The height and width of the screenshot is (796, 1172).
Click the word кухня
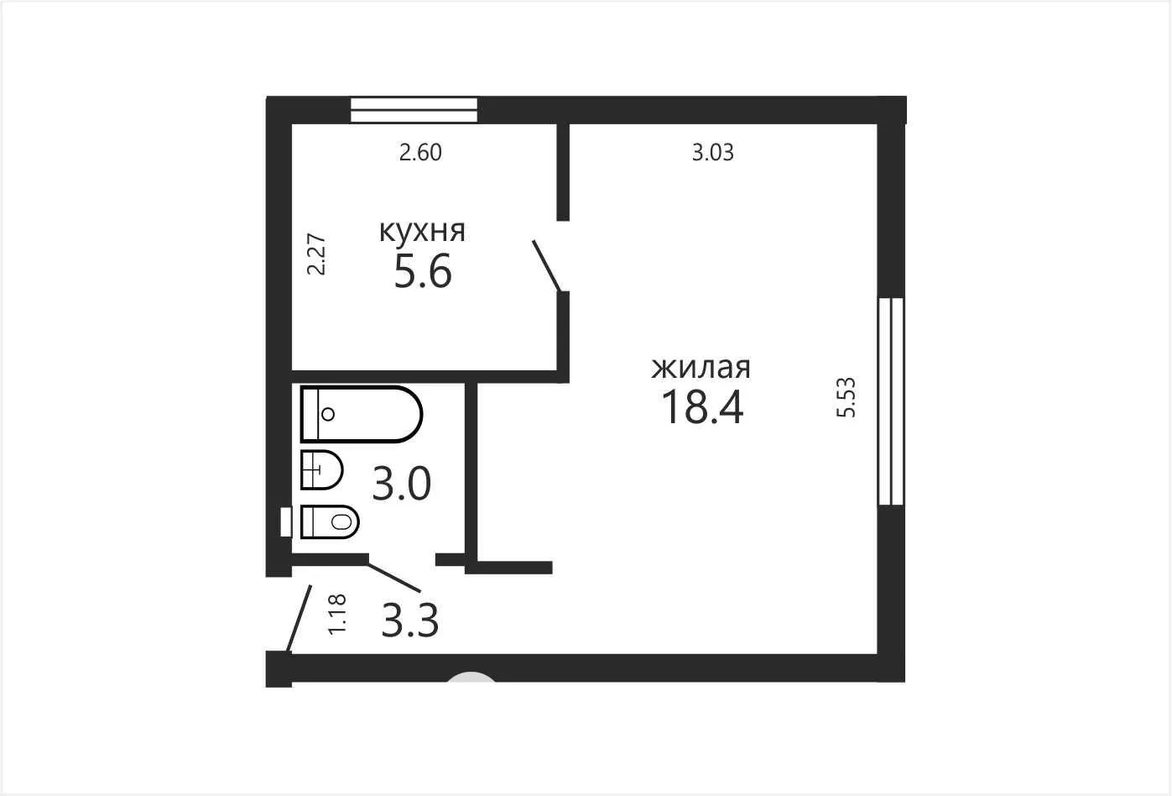click(x=422, y=232)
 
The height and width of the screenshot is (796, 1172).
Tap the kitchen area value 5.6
click(x=422, y=270)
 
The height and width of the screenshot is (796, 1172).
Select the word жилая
click(x=701, y=368)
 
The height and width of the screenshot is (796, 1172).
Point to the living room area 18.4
click(x=702, y=407)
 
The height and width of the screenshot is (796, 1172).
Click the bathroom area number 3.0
click(x=401, y=484)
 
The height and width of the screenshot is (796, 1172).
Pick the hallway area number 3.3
click(x=409, y=621)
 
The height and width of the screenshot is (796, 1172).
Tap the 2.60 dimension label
click(x=420, y=152)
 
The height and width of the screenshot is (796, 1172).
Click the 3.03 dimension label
click(x=712, y=152)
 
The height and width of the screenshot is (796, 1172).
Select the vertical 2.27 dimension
click(x=316, y=254)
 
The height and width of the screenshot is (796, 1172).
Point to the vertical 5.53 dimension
click(x=846, y=397)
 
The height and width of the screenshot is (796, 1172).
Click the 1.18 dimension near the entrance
click(x=337, y=615)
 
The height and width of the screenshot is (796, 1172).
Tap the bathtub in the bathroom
click(x=362, y=414)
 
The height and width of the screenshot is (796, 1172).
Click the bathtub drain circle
click(x=328, y=414)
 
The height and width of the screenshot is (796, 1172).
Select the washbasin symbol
click(x=322, y=469)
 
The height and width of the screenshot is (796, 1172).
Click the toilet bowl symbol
click(x=330, y=521)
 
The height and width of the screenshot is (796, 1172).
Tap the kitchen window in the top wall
click(x=414, y=110)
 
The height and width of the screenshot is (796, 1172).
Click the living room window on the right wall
click(x=891, y=401)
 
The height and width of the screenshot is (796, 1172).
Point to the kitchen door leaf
click(x=547, y=266)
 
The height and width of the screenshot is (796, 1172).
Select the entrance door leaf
click(x=300, y=619)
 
